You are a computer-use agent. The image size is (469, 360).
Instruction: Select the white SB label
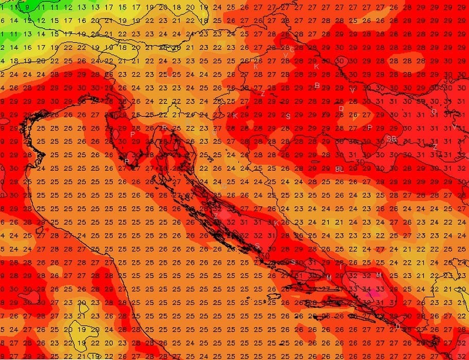coord(392,139)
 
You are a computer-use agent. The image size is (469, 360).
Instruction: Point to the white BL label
coord(339,169)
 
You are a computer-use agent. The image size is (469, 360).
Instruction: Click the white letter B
coord(317,85)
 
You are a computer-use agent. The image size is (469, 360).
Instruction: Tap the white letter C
coord(292,50)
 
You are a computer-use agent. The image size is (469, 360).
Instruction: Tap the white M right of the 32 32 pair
coord(379,276)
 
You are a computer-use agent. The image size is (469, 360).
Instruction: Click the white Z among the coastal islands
coord(216,215)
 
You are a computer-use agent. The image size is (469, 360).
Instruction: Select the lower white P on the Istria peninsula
coord(127,161)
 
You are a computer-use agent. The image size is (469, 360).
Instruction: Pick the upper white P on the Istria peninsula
coord(133,134)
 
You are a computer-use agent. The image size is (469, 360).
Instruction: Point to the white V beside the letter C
coord(285,55)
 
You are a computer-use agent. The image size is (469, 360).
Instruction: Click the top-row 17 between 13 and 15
coord(109,8)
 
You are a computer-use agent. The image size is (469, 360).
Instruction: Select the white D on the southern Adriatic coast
coord(397,326)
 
